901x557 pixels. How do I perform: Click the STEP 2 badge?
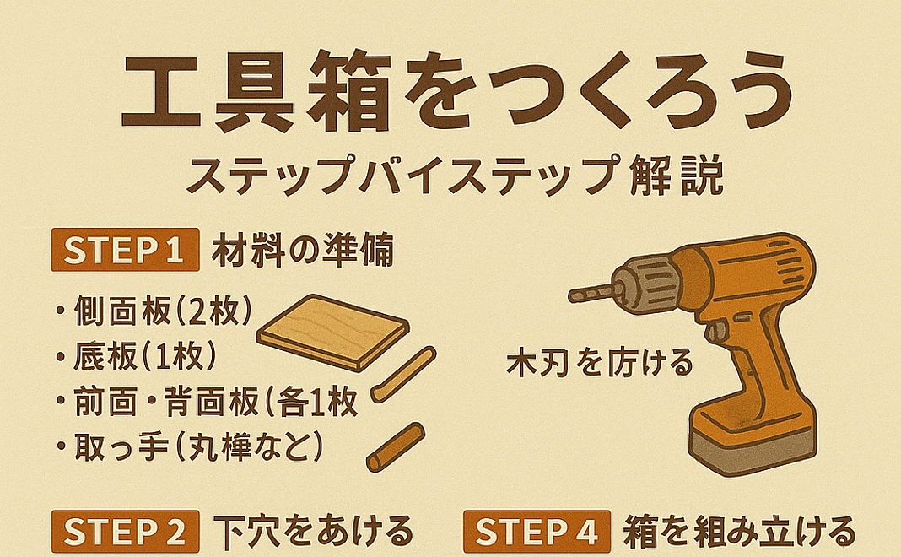(x=125, y=533)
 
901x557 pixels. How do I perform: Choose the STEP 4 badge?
(x=536, y=533)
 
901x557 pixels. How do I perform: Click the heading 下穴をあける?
(x=313, y=532)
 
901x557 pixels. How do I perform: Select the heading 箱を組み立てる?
(x=738, y=532)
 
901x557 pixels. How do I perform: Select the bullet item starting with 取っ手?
(x=191, y=446)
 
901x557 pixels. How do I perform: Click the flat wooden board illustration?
(x=332, y=333)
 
